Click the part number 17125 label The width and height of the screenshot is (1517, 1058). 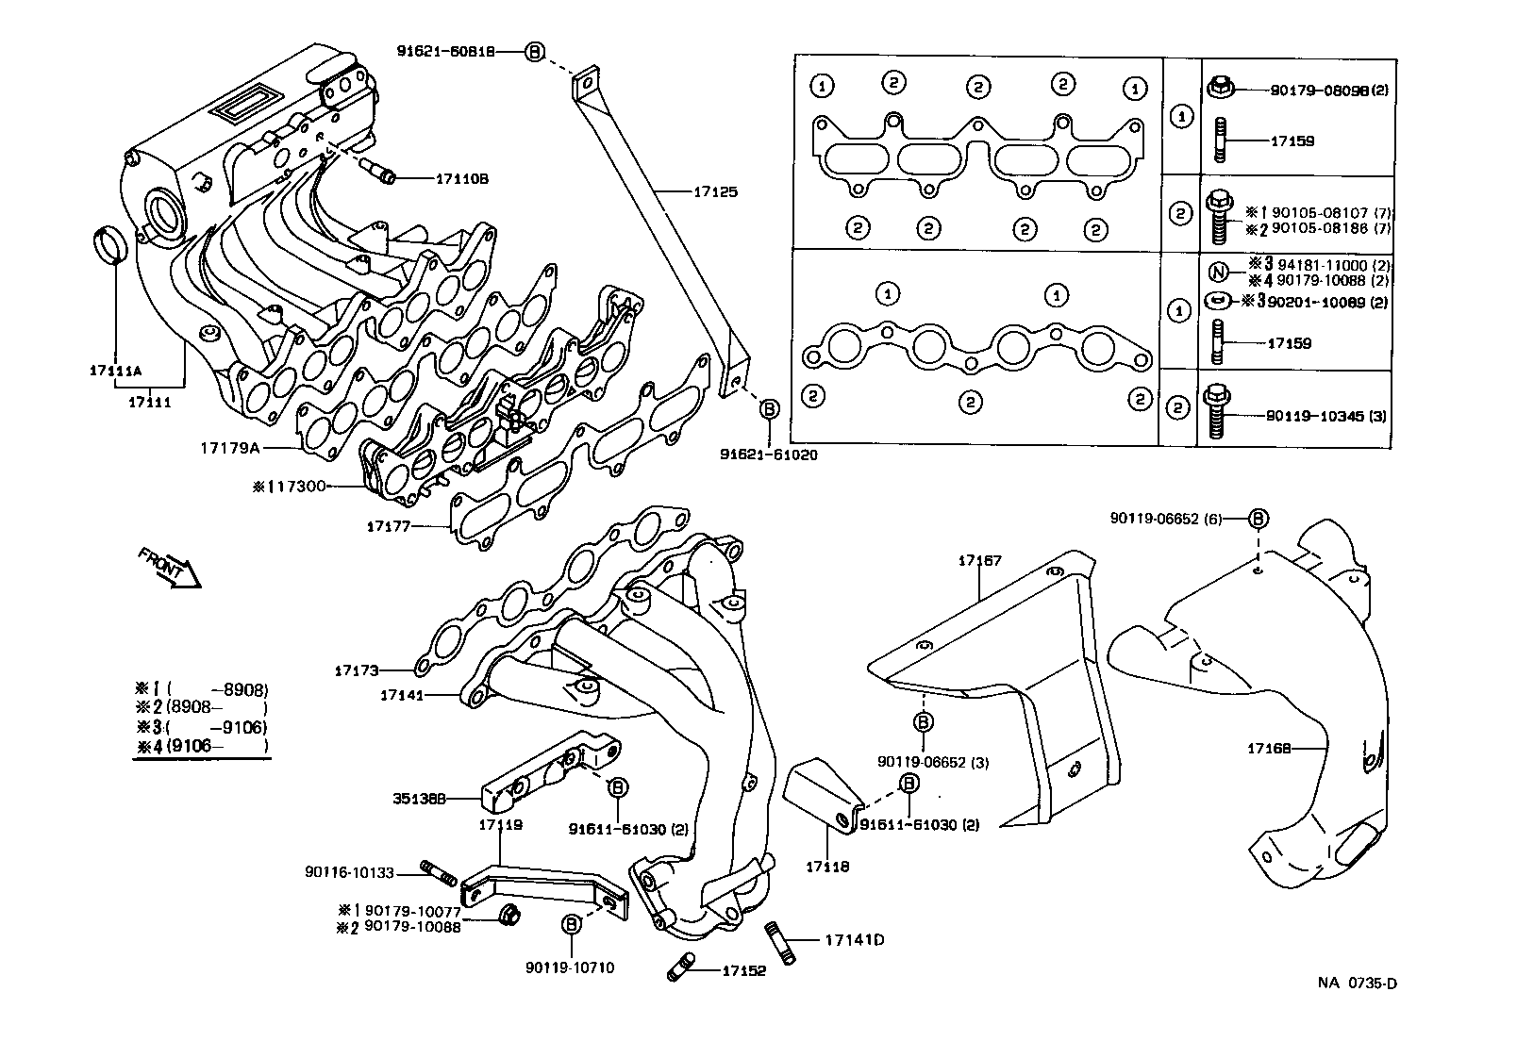click(x=714, y=192)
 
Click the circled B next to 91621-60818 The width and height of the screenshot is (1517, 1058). click(x=534, y=53)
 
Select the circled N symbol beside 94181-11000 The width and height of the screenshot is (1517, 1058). click(x=1218, y=273)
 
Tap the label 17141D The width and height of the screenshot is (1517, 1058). click(x=854, y=940)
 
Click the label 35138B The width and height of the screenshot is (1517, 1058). click(x=419, y=799)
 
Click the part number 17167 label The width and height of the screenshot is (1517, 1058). click(x=979, y=561)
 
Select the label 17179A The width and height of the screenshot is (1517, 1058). click(x=229, y=448)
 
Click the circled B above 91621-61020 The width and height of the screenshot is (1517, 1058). click(x=769, y=408)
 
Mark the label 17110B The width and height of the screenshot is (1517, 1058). click(x=461, y=178)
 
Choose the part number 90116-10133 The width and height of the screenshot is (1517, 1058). click(x=362, y=873)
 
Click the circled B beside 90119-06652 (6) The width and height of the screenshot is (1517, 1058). click(x=1258, y=518)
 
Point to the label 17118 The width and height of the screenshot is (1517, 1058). click(x=826, y=866)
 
